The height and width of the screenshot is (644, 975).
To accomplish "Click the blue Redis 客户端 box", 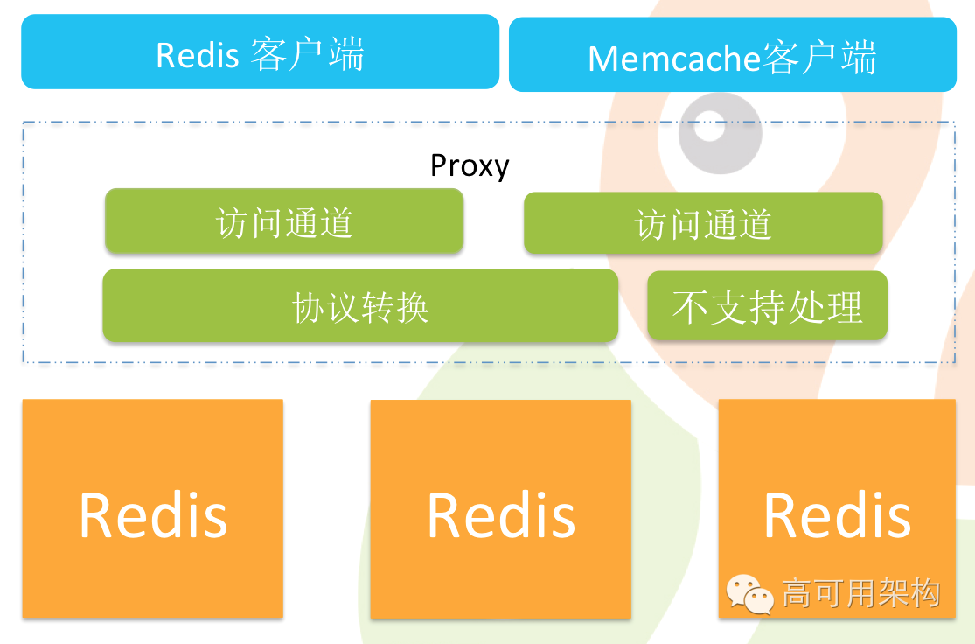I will pyautogui.click(x=260, y=52).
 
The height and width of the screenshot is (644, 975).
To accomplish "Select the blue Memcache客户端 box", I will pyautogui.click(x=732, y=55).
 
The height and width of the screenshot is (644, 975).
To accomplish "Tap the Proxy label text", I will pyautogui.click(x=470, y=165).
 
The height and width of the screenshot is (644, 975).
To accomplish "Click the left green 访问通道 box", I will pyautogui.click(x=283, y=221).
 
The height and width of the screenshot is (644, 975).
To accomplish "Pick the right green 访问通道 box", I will pyautogui.click(x=702, y=224).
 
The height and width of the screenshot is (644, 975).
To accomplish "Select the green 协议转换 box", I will pyautogui.click(x=359, y=306).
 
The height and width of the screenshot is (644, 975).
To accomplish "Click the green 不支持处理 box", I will pyautogui.click(x=767, y=306).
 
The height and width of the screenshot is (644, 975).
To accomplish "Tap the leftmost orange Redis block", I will pyautogui.click(x=153, y=508).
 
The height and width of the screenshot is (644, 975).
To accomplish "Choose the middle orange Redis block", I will pyautogui.click(x=500, y=509).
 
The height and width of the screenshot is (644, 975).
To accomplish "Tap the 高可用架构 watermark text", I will pyautogui.click(x=860, y=593).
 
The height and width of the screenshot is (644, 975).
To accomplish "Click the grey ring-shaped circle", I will pyautogui.click(x=721, y=133).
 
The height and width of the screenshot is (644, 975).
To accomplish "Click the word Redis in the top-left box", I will pyautogui.click(x=197, y=55).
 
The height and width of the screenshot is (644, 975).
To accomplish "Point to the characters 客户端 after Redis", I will pyautogui.click(x=307, y=54).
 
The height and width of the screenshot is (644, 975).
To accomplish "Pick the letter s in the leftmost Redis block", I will pyautogui.click(x=212, y=519).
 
